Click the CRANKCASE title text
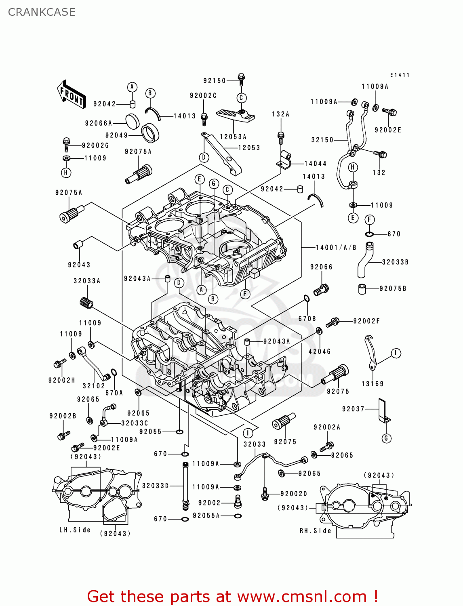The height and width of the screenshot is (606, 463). click(x=42, y=12)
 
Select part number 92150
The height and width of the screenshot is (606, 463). click(x=215, y=81)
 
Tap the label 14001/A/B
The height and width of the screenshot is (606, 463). click(x=336, y=247)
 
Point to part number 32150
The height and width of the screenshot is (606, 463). click(x=322, y=140)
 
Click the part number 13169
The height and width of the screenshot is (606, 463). click(x=373, y=384)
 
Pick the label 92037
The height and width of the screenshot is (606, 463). click(x=353, y=409)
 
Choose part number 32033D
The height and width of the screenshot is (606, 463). click(x=156, y=486)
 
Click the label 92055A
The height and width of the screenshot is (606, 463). click(x=206, y=516)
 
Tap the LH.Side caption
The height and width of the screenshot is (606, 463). click(x=75, y=530)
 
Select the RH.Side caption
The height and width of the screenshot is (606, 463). click(x=315, y=531)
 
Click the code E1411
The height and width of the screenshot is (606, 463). click(x=400, y=75)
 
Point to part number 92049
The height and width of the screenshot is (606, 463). click(x=116, y=135)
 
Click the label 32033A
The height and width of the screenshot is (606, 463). click(x=87, y=281)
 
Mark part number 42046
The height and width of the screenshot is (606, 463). click(x=320, y=351)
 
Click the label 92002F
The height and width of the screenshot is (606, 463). click(x=366, y=321)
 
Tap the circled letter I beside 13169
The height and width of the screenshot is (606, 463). click(x=396, y=353)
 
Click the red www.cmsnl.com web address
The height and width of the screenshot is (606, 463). click(x=302, y=596)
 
